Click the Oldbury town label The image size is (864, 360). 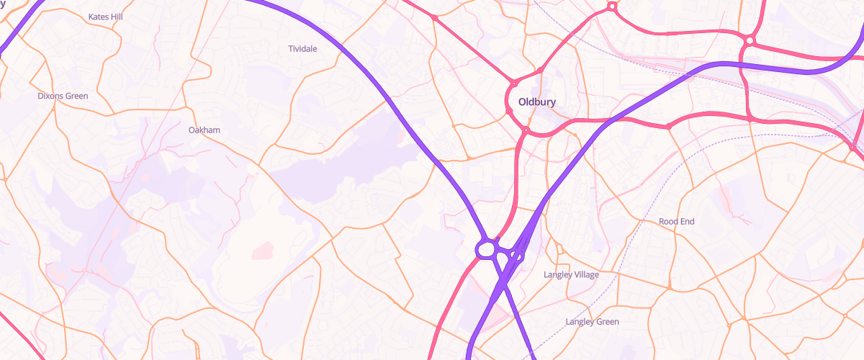[x=532, y=102]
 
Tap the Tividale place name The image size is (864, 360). [x=302, y=48]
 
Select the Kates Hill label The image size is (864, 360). [x=105, y=16]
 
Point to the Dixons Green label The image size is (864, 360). [x=63, y=96]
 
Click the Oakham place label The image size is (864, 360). [x=204, y=130]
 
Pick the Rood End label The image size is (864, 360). [x=676, y=222]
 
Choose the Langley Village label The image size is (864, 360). [x=571, y=275]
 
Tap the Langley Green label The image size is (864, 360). [x=592, y=322]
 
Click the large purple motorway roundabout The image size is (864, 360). [x=486, y=249]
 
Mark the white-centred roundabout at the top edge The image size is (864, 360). [x=612, y=6]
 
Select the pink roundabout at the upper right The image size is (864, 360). [x=750, y=40]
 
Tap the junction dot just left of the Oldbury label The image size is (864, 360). [x=510, y=112]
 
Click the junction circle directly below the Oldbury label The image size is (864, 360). [x=526, y=130]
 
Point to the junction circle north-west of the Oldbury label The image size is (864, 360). [x=514, y=84]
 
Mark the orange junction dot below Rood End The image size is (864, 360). [x=669, y=287]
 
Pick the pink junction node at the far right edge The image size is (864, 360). [x=852, y=148]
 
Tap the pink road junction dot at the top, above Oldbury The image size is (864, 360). [x=434, y=17]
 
